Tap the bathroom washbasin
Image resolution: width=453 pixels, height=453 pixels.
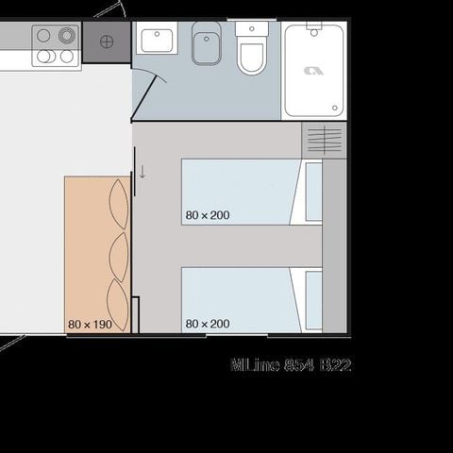(x=157, y=41)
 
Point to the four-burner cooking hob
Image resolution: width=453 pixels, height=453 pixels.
(x=56, y=45)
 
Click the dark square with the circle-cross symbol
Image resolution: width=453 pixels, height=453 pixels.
(x=106, y=42)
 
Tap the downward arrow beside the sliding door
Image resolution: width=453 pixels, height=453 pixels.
(x=142, y=172)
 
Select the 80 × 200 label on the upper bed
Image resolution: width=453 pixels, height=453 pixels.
(x=208, y=215)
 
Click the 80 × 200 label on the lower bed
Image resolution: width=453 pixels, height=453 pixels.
(x=208, y=324)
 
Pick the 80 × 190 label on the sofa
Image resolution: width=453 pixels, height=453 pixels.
(x=90, y=324)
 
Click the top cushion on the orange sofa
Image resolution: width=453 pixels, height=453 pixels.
(x=119, y=203)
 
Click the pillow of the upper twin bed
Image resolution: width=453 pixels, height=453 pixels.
(x=313, y=192)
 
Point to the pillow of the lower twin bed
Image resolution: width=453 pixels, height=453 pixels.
(x=313, y=300)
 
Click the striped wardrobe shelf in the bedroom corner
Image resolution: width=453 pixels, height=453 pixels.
(x=324, y=140)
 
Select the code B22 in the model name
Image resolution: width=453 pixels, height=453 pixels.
(x=335, y=364)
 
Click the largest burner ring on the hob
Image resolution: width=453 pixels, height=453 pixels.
(x=66, y=36)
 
